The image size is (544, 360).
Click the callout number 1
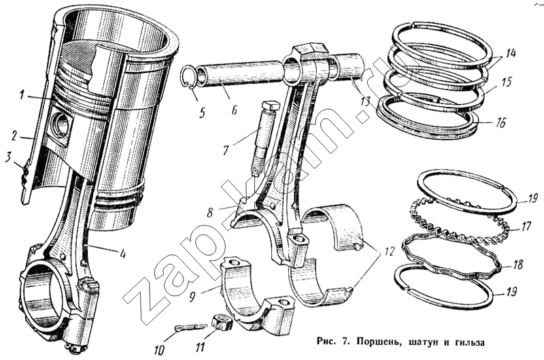(x=22, y=94)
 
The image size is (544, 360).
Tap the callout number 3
(x=8, y=157)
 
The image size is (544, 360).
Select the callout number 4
(x=122, y=254)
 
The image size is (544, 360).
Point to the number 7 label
(x=226, y=150)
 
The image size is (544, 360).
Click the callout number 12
(x=389, y=250)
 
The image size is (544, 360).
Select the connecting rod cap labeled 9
(x=257, y=295)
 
